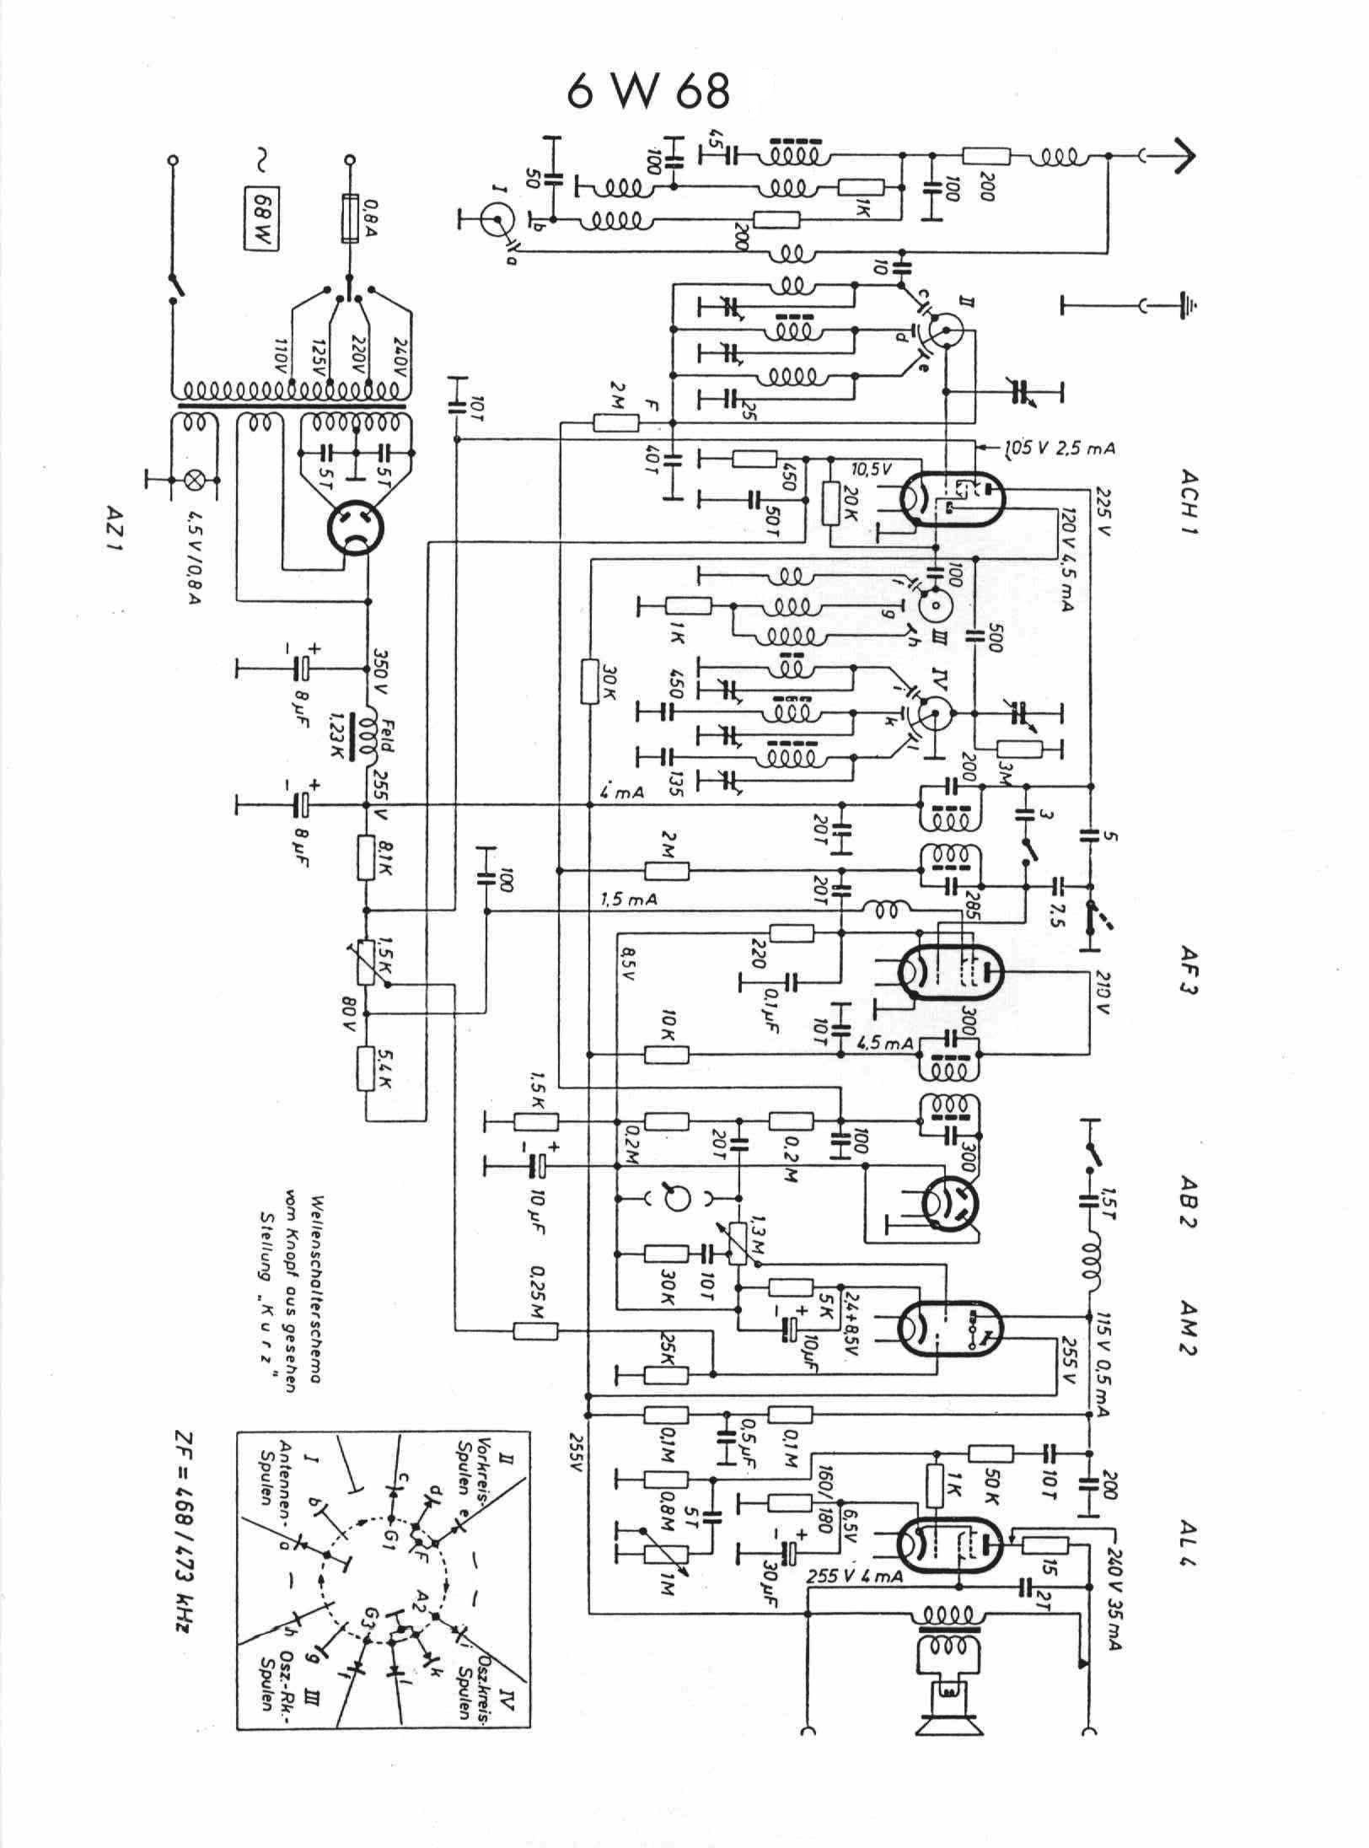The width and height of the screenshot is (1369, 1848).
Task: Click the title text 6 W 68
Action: (648, 92)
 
